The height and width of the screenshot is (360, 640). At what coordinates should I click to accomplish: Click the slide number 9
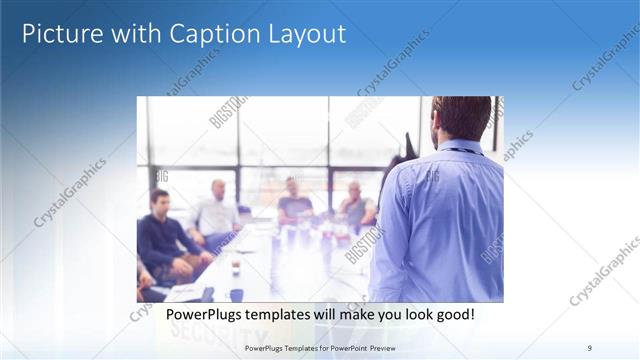[x=589, y=347]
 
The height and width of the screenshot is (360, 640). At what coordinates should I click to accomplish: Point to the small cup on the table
[x=236, y=266]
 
